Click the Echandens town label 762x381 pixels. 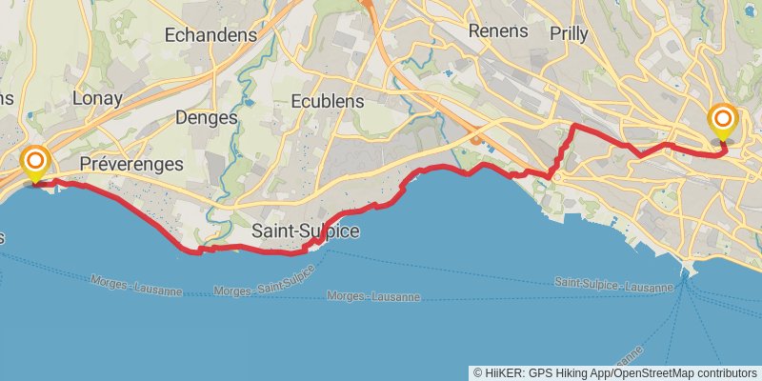click(x=211, y=34)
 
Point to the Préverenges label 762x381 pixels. click(x=131, y=164)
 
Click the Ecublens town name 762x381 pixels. click(x=324, y=99)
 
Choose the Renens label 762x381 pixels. click(x=498, y=30)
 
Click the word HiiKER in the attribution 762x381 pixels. click(x=502, y=372)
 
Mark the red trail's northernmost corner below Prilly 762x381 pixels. click(x=573, y=126)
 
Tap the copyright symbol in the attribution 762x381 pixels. click(x=477, y=372)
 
